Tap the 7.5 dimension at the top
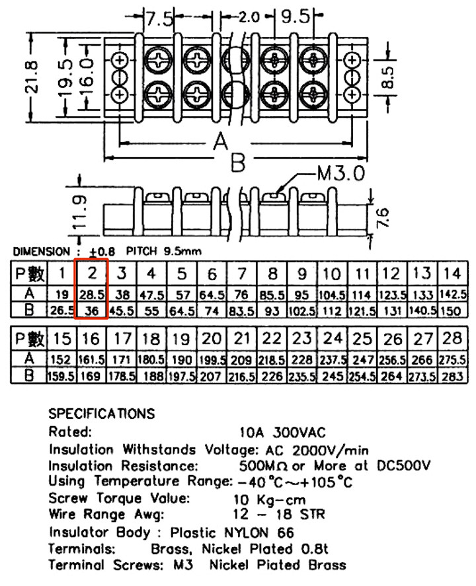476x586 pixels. [x=159, y=18]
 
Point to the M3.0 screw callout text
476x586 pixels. [x=340, y=174]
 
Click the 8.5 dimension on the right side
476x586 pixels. [x=387, y=78]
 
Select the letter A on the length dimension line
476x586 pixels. [x=221, y=142]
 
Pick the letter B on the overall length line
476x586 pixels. [x=238, y=163]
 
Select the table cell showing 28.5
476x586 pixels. [x=92, y=295]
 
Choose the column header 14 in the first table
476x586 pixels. [x=452, y=274]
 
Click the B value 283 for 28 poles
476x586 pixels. [x=452, y=376]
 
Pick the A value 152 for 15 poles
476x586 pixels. [x=61, y=359]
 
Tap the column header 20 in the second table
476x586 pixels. [x=212, y=339]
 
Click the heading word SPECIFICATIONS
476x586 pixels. [x=102, y=414]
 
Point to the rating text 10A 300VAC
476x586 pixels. [x=283, y=433]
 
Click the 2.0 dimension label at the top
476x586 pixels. [x=249, y=17]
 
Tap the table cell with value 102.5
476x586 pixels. [x=302, y=311]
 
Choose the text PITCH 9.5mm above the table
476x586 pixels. [x=164, y=251]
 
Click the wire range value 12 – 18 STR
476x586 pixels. [x=279, y=514]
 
